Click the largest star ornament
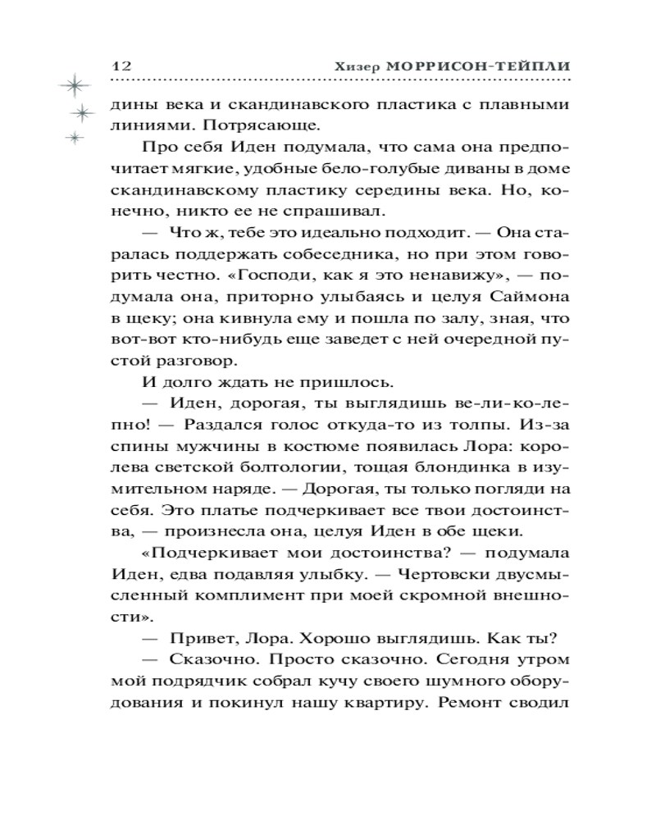(x=73, y=84)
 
